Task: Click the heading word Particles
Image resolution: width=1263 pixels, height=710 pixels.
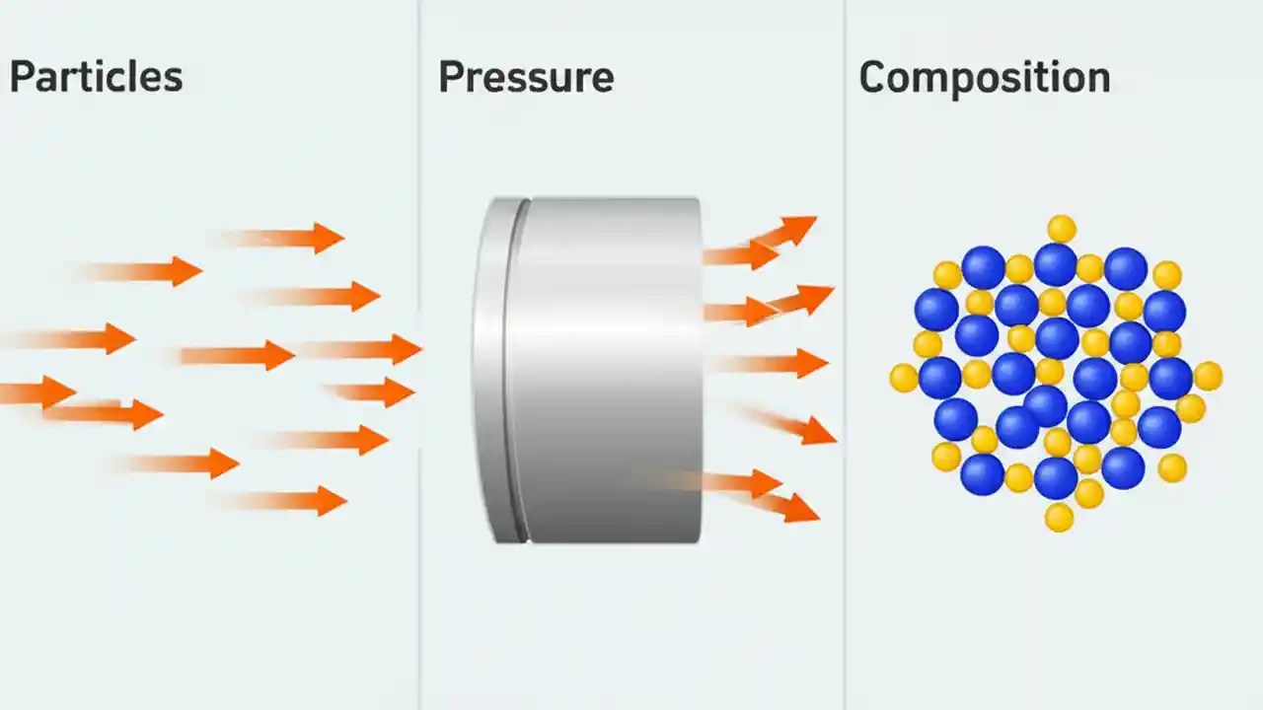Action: [96, 77]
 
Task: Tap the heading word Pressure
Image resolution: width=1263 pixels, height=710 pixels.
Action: [526, 77]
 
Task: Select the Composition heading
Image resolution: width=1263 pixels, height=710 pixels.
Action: [985, 77]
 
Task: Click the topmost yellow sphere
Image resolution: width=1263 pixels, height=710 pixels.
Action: [1062, 229]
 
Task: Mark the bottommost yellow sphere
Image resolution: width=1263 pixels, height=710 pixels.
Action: [1059, 517]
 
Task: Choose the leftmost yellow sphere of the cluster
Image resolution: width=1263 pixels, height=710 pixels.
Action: [904, 378]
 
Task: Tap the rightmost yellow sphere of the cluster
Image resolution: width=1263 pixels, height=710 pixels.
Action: [1208, 376]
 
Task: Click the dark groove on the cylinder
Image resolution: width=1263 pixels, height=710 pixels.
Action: [517, 370]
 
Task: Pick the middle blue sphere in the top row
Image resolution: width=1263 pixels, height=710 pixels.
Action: [1055, 264]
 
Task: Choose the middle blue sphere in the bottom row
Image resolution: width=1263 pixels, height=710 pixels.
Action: [1056, 477]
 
